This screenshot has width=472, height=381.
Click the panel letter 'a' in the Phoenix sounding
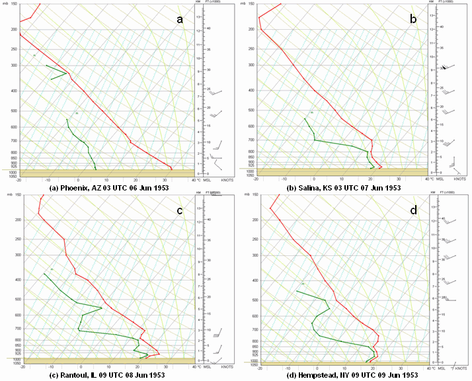pyautogui.click(x=179, y=19)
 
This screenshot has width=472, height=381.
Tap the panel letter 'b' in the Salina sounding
pyautogui.click(x=414, y=19)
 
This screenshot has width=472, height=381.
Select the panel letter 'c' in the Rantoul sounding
pyautogui.click(x=179, y=212)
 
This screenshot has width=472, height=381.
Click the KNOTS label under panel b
pyautogui.click(x=455, y=179)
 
